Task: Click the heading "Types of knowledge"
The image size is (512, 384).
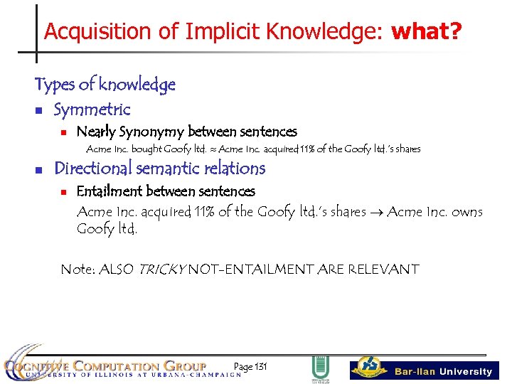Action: [105, 85]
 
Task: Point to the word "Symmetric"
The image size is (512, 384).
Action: [92, 110]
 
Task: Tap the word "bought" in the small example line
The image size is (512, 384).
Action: [146, 149]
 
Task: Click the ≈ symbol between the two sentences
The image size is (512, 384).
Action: [213, 149]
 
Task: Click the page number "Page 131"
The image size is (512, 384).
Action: [250, 367]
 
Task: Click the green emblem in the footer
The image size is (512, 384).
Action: [320, 369]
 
